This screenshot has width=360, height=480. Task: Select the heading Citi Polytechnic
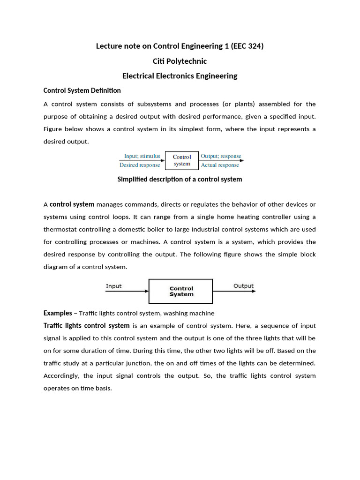180,61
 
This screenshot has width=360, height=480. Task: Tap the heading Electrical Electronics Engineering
180,76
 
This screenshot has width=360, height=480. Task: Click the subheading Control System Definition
82,90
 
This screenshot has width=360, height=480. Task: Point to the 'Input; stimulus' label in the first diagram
142,156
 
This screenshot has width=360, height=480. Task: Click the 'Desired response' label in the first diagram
140,165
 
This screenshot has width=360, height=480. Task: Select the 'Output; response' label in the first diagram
221,156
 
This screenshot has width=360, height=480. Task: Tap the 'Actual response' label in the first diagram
220,165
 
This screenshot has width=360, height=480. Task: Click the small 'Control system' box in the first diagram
182,160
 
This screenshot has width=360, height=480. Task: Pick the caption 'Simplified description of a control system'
180,179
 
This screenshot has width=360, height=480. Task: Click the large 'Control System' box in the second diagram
181,291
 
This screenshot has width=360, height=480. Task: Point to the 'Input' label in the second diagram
114,286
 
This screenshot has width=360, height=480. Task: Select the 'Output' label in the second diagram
243,286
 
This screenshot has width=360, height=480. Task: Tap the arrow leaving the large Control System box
234,291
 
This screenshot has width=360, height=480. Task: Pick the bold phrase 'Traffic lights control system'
87,325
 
